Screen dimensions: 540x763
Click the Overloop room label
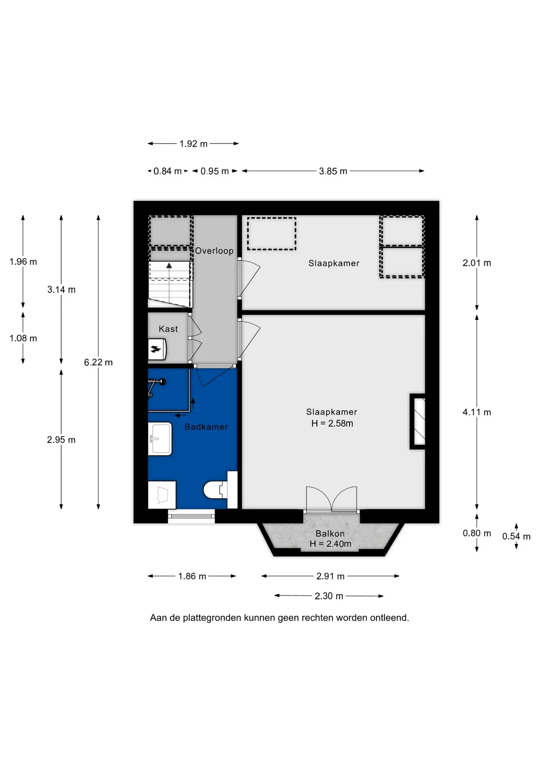point(214,251)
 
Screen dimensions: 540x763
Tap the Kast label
point(168,329)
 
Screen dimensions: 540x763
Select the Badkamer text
point(206,427)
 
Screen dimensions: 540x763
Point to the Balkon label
point(330,533)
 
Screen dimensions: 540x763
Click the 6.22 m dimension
point(98,362)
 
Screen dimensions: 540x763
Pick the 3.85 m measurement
point(333,171)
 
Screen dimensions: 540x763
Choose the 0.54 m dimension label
point(516,536)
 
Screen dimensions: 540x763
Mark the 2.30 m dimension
point(329,596)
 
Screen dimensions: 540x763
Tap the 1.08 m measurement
point(23,338)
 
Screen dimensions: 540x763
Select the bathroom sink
point(160,439)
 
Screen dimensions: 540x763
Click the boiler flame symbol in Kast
point(155,349)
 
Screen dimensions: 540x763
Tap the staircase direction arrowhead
point(169,265)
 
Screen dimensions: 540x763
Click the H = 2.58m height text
point(332,424)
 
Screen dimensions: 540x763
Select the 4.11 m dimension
point(477,412)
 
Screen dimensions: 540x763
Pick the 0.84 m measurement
point(167,171)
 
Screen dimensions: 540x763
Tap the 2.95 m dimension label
point(61,440)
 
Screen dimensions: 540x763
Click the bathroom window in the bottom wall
point(191,516)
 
